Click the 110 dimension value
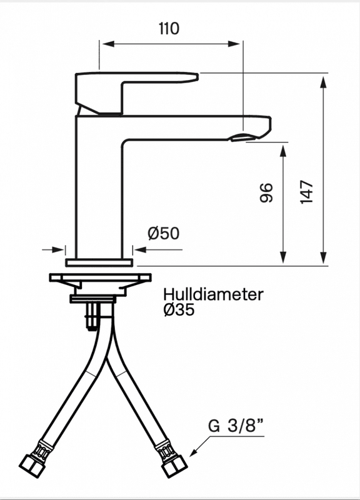(x=169, y=29)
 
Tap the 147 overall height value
(x=307, y=192)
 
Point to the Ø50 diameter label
(x=164, y=233)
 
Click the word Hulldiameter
(x=213, y=294)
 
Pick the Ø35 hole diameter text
(x=179, y=309)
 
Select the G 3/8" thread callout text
(x=236, y=426)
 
